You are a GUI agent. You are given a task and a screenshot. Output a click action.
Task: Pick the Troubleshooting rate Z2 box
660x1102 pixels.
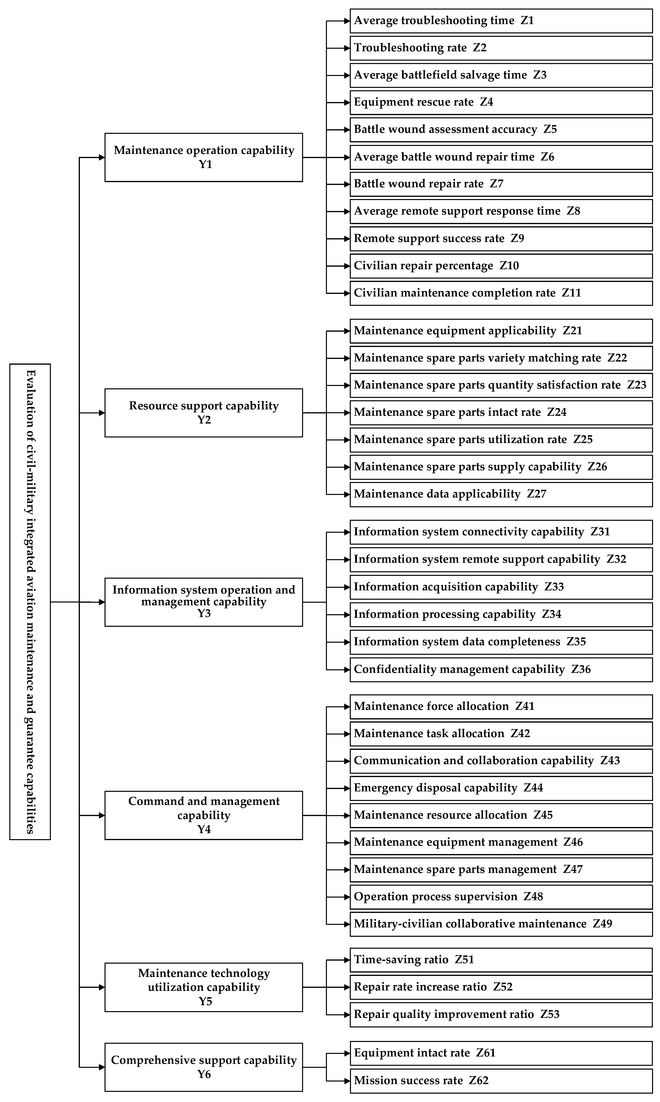click(x=501, y=48)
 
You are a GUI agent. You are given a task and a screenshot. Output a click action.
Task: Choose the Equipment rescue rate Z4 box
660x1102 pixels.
click(x=501, y=102)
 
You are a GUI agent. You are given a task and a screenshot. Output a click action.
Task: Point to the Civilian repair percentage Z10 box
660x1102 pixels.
click(x=501, y=266)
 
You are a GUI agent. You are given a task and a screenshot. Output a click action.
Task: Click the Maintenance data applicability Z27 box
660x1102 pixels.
click(x=501, y=494)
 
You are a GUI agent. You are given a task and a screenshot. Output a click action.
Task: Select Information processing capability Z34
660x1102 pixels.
click(x=501, y=614)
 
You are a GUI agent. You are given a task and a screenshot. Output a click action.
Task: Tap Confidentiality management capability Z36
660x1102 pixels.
click(x=501, y=670)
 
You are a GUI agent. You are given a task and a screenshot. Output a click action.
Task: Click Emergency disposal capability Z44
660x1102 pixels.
click(x=501, y=788)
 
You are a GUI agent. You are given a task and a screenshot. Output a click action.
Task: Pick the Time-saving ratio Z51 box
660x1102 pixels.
click(x=501, y=960)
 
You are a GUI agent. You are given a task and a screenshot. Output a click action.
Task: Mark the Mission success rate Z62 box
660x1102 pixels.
click(x=501, y=1081)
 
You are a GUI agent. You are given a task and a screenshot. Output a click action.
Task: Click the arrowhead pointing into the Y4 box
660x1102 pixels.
click(x=102, y=815)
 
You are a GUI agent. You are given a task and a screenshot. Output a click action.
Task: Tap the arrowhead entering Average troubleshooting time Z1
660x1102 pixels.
click(x=347, y=21)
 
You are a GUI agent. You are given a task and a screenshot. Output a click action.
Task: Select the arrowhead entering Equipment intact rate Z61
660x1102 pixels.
click(x=347, y=1053)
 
